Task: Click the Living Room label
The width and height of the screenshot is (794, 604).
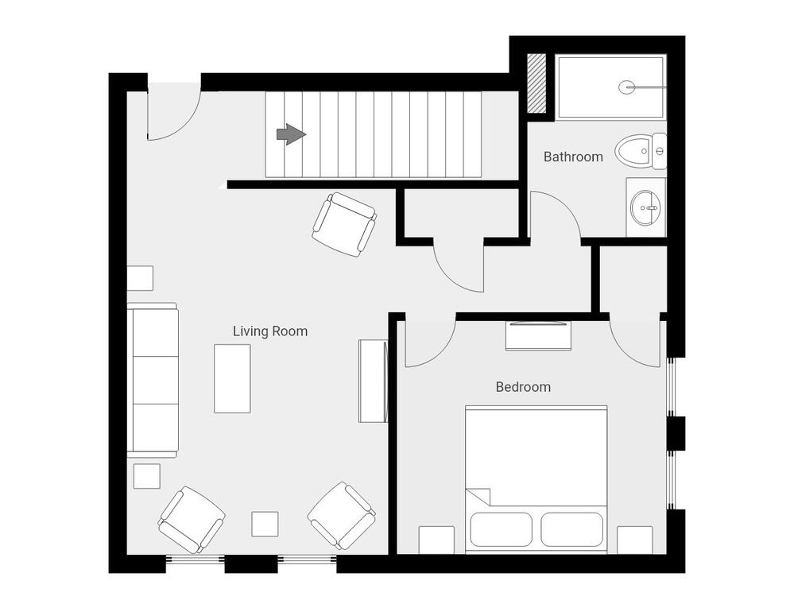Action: click(270, 331)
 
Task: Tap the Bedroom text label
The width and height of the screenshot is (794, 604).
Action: click(523, 387)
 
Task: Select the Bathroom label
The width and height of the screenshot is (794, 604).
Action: click(573, 157)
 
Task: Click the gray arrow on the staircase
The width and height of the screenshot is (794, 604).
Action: click(291, 134)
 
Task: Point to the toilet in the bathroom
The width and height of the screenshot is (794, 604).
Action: click(641, 151)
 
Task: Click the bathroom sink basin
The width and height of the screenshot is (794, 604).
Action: click(645, 207)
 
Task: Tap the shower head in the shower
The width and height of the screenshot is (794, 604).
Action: click(626, 87)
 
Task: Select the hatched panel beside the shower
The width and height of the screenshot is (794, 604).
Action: click(536, 83)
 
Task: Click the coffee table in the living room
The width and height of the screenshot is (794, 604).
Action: click(232, 379)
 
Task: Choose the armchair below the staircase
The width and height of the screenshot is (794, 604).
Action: click(344, 224)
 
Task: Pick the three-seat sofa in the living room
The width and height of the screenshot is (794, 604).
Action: click(153, 380)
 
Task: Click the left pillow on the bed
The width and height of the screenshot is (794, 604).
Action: click(502, 529)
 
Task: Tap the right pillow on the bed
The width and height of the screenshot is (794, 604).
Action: click(572, 529)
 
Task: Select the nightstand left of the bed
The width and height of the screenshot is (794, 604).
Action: click(436, 540)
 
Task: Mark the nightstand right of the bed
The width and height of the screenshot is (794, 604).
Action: click(634, 540)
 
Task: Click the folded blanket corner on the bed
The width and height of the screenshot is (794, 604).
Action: click(478, 497)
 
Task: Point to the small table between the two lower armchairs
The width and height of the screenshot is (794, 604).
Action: click(265, 524)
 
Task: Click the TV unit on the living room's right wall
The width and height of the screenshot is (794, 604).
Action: click(374, 381)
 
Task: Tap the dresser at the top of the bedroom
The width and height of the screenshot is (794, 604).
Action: click(538, 335)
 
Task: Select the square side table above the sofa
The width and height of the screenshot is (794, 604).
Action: click(140, 278)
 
